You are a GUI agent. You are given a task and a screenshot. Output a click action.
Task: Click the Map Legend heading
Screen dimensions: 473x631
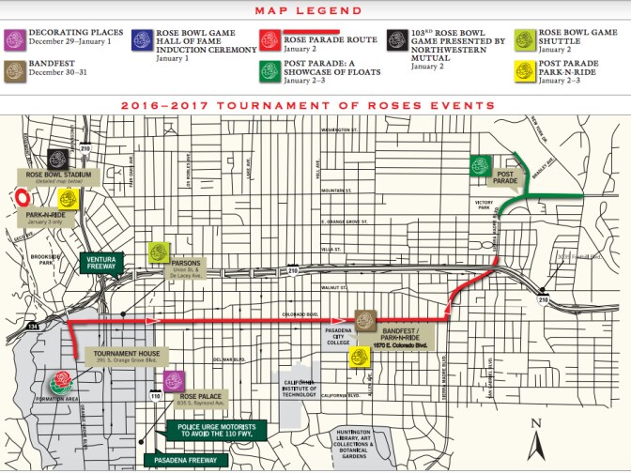[x=315, y=10]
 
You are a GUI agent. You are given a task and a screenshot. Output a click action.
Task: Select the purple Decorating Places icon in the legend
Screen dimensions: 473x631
[x=15, y=38]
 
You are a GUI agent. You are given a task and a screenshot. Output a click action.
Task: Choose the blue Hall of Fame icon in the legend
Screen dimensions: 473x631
[x=143, y=38]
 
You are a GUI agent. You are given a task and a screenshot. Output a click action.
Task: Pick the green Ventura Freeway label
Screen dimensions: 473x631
[x=100, y=261]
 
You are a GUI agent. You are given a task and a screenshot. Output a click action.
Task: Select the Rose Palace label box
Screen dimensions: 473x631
[x=209, y=398]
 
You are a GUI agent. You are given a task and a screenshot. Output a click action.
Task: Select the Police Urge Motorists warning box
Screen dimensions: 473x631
[x=223, y=430]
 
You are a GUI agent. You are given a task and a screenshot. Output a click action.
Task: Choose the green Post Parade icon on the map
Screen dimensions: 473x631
[x=482, y=166]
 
